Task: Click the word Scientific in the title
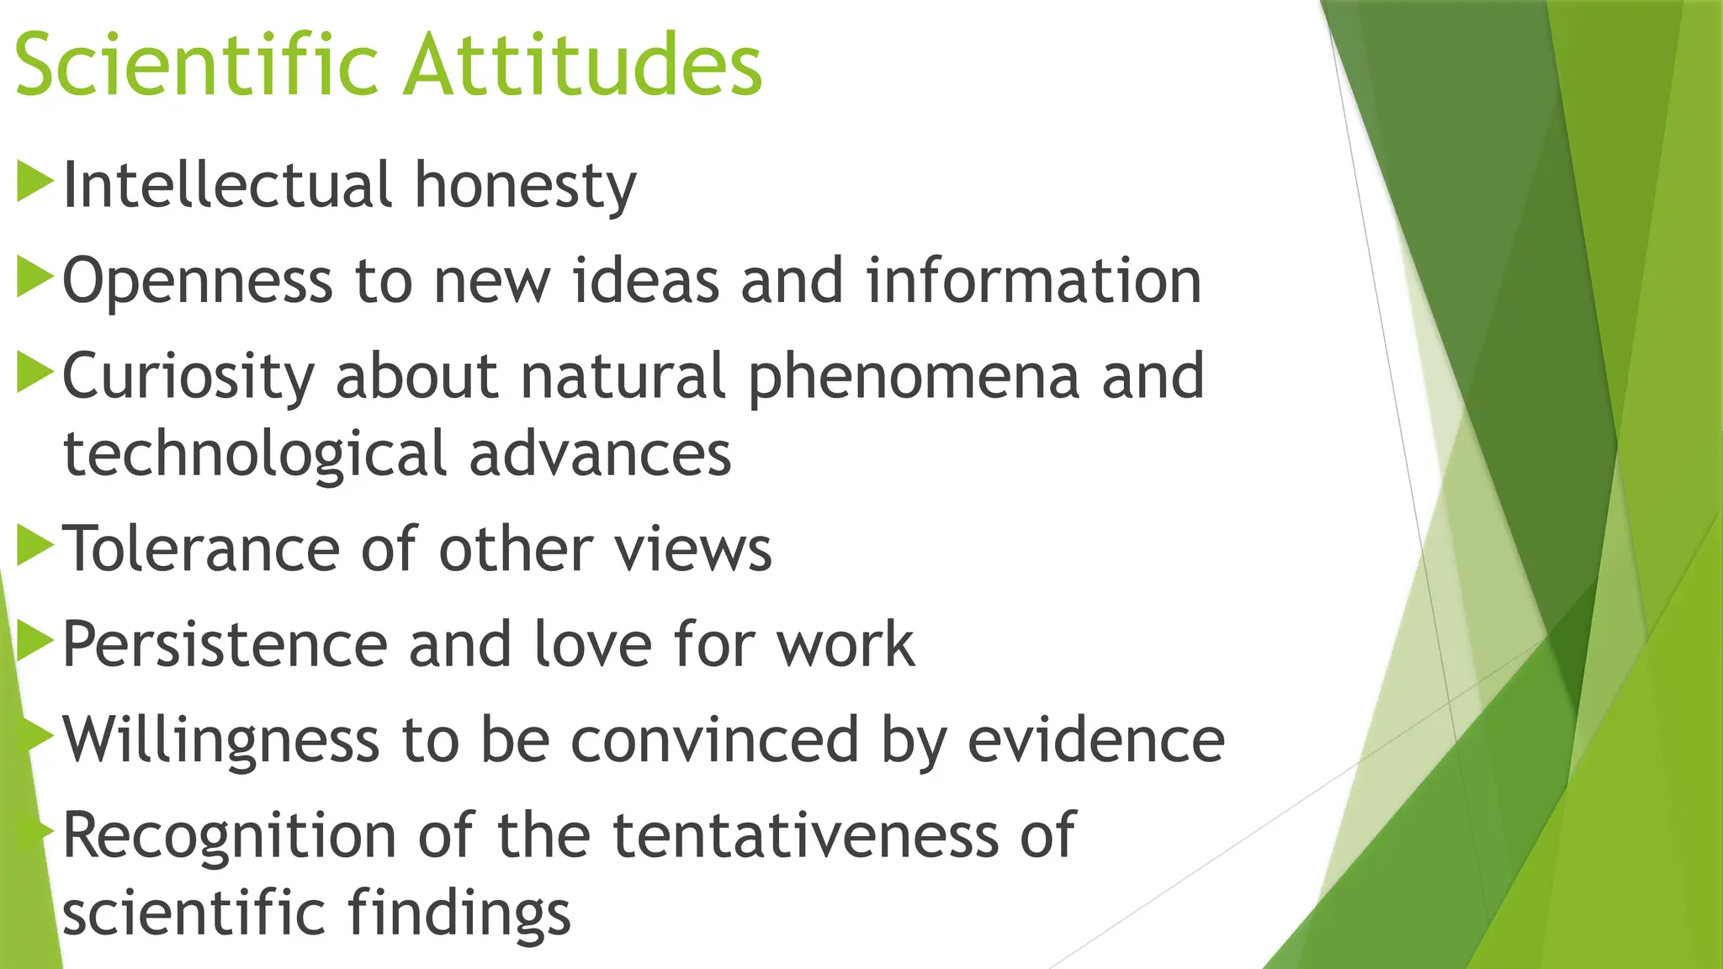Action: click(195, 66)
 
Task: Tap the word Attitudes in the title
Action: click(582, 66)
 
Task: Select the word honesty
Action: click(525, 186)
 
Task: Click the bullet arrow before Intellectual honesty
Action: click(34, 182)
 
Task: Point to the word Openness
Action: click(197, 282)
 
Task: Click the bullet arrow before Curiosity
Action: click(34, 373)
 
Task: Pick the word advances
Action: click(600, 455)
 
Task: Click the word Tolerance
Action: click(202, 549)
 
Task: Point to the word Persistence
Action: click(225, 645)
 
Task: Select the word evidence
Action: click(1095, 739)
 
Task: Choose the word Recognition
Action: click(229, 836)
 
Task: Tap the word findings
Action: click(459, 914)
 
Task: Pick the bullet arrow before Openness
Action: click(34, 278)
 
